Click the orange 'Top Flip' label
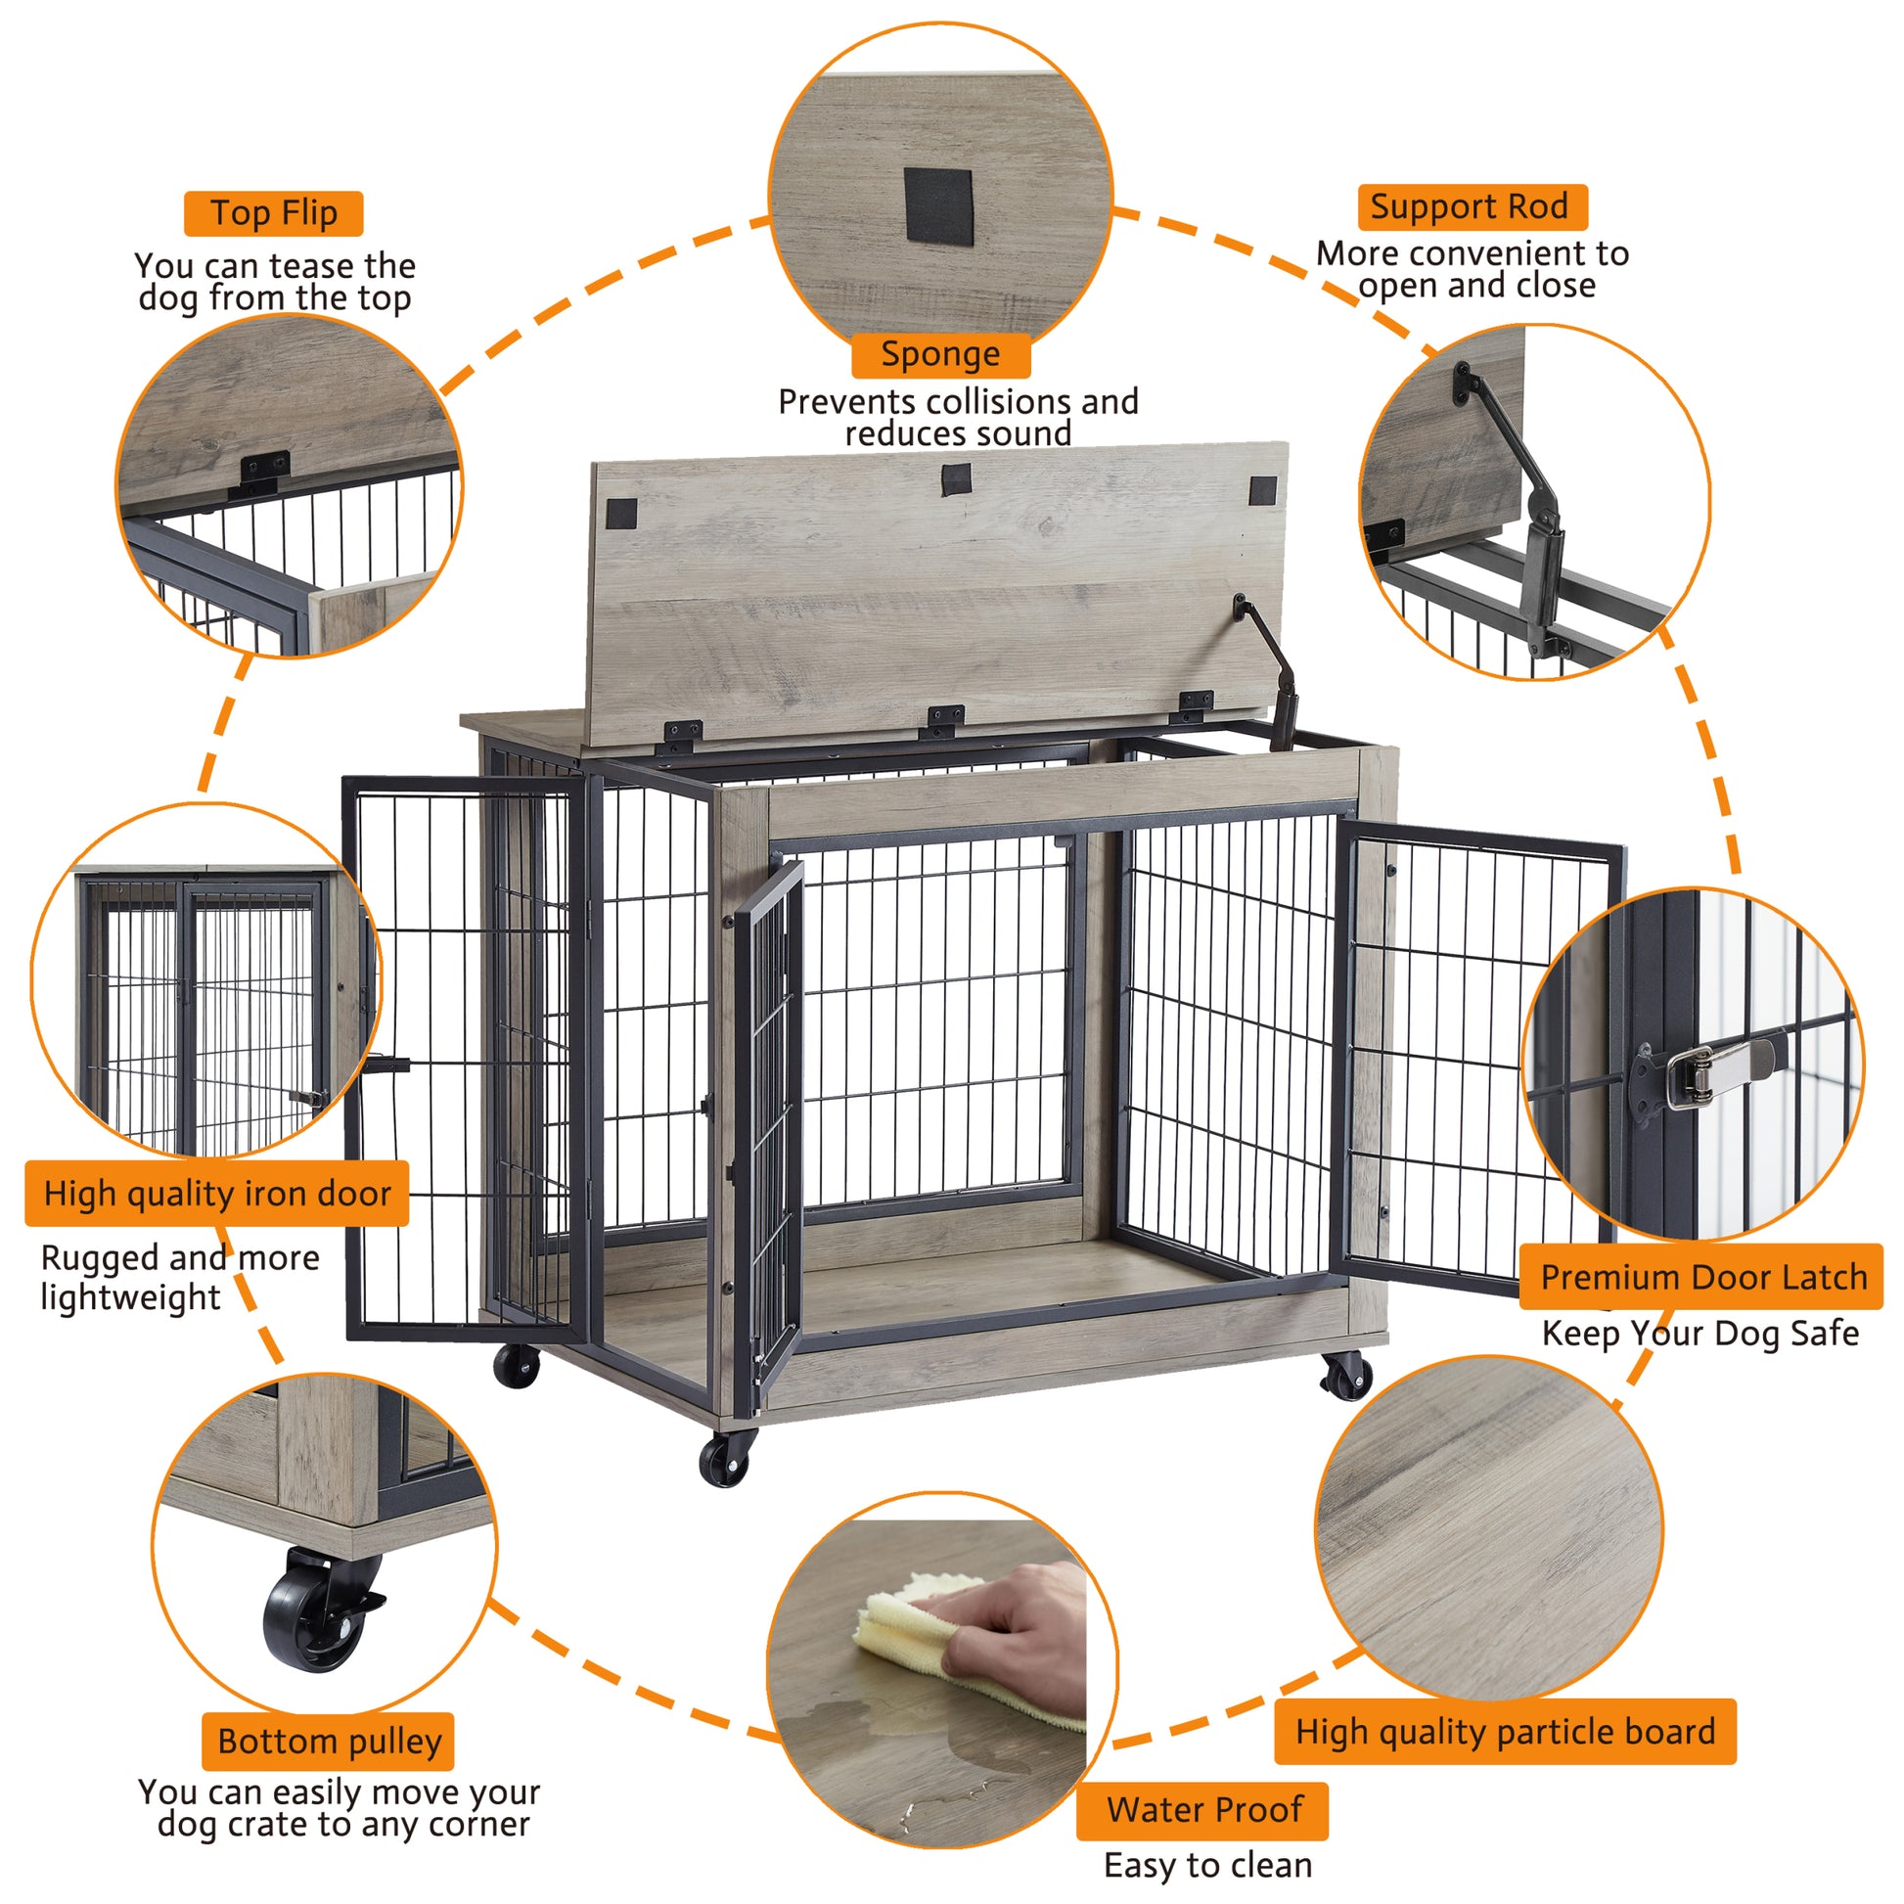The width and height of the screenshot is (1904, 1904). point(273,214)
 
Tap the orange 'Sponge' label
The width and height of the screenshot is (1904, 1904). point(940,355)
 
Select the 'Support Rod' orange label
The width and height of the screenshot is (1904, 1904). point(1472,207)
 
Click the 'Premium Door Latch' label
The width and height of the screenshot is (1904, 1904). point(1702,1277)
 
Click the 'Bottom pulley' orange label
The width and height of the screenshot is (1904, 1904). point(329,1742)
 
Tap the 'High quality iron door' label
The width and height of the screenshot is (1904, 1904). point(217,1194)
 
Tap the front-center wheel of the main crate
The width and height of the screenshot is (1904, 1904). point(726,1461)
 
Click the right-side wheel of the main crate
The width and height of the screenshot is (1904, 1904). point(1346,1376)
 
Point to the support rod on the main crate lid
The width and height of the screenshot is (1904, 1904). point(1271,670)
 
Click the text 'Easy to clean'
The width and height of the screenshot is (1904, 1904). point(1208,1866)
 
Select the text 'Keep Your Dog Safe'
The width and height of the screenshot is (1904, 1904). point(1700,1334)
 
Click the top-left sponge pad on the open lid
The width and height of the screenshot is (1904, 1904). point(621,513)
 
